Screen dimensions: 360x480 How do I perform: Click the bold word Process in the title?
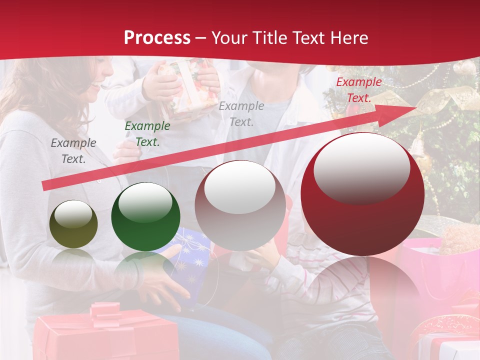pyautogui.click(x=157, y=38)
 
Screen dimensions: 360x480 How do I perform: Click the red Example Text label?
pyautogui.click(x=358, y=90)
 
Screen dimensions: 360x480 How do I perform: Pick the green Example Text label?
pyautogui.click(x=147, y=134)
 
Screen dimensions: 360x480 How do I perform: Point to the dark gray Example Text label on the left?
pyautogui.click(x=73, y=150)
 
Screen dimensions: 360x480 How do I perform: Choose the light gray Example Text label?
pyautogui.click(x=241, y=113)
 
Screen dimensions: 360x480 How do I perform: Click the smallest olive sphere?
pyautogui.click(x=73, y=224)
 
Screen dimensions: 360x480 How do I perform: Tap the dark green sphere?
pyautogui.click(x=145, y=216)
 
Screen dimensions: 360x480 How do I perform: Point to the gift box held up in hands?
pyautogui.click(x=187, y=85)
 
